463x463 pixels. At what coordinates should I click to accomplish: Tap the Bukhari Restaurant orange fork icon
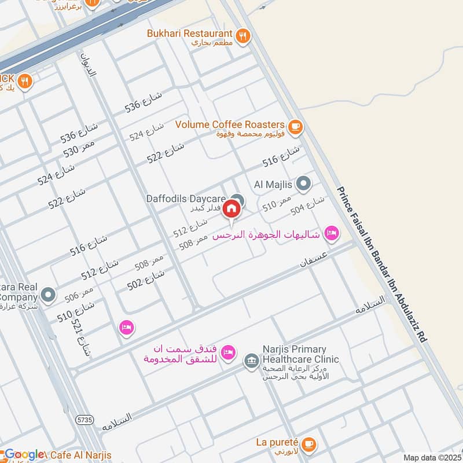(x=244, y=35)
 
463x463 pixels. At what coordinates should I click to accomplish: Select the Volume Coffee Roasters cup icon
(x=295, y=126)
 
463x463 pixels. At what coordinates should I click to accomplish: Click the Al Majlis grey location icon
(x=304, y=185)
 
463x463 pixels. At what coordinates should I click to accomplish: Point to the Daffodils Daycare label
(x=186, y=199)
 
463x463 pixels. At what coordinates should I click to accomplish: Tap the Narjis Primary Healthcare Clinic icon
(x=251, y=361)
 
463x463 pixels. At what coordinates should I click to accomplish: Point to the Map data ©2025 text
(x=432, y=457)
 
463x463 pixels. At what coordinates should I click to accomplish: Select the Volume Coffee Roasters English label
(x=230, y=124)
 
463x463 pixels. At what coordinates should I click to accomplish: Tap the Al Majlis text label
(x=274, y=185)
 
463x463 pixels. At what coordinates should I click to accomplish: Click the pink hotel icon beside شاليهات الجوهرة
(x=331, y=233)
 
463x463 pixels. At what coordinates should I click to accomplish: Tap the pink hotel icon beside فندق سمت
(x=229, y=352)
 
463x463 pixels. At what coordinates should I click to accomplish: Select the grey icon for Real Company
(x=49, y=295)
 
